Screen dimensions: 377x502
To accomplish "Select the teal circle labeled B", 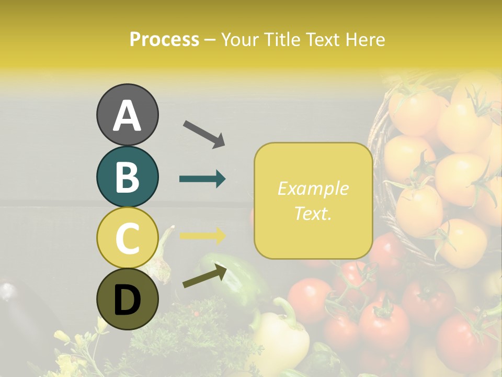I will pos(128,176).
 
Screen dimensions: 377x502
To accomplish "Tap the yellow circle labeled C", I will pos(128,238).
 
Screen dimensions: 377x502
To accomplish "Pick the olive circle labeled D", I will pos(128,300).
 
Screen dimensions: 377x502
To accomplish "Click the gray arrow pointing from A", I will pos(204,133).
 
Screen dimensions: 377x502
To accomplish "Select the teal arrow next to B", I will pos(202,179).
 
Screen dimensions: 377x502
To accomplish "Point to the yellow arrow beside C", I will pos(202,236).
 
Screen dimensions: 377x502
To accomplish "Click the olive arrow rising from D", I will pos(204,276).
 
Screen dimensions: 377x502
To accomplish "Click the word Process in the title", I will pos(164,39).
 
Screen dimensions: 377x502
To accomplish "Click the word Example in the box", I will pos(313,188).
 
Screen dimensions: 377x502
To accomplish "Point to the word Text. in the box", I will pos(313,213).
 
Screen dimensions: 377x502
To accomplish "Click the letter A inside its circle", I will pos(128,116).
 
